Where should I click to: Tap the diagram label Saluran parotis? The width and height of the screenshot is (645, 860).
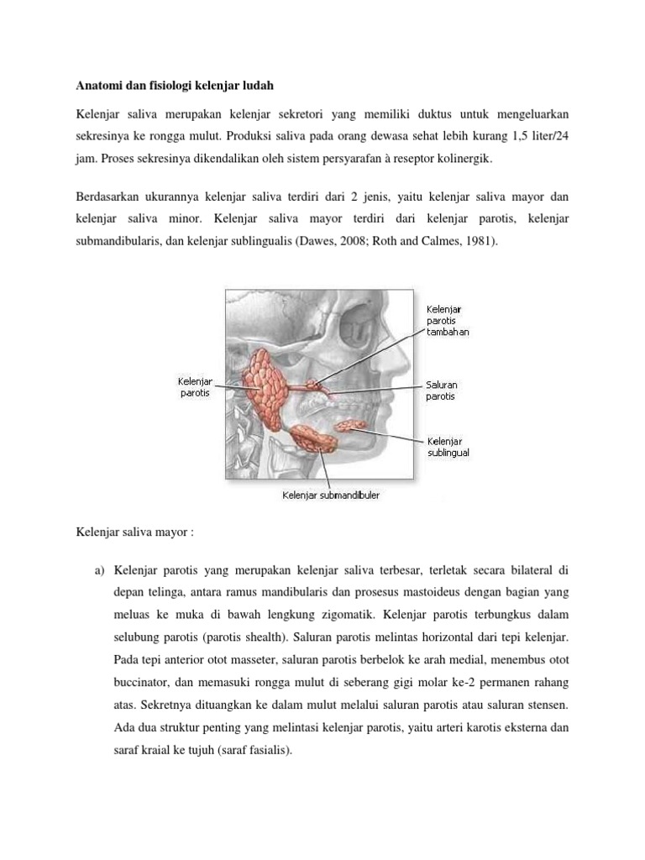click(x=442, y=391)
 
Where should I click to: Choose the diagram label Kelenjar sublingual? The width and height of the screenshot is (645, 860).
click(x=448, y=446)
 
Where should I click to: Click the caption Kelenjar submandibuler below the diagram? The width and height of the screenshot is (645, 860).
click(x=330, y=496)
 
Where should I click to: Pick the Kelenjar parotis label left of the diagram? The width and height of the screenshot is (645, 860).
click(x=195, y=387)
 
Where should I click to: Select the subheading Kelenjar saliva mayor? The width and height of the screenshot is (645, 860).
click(x=135, y=532)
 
